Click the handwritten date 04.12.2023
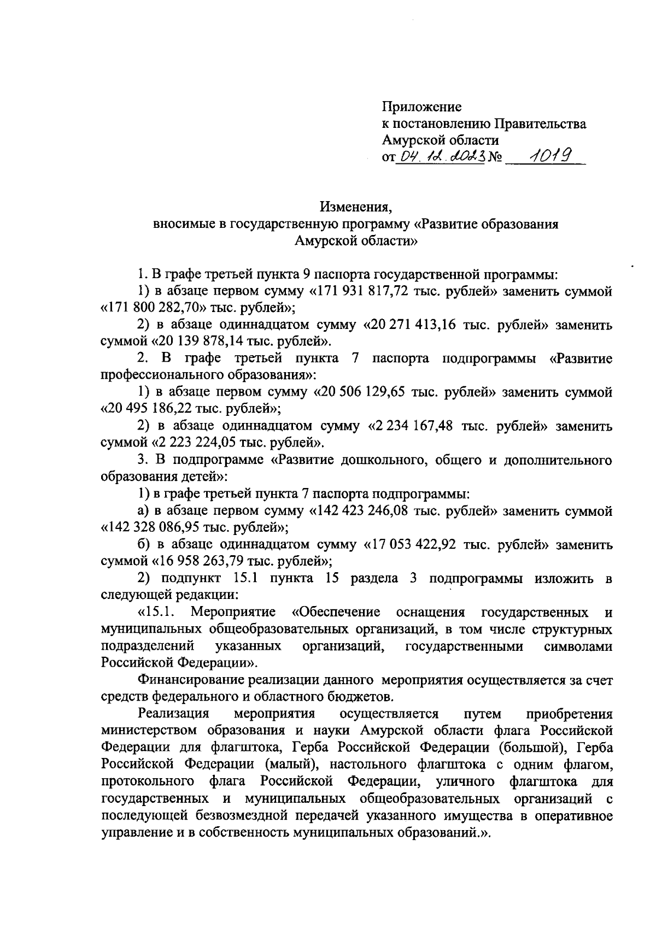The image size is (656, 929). tap(440, 158)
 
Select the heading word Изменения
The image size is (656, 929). tap(356, 208)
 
